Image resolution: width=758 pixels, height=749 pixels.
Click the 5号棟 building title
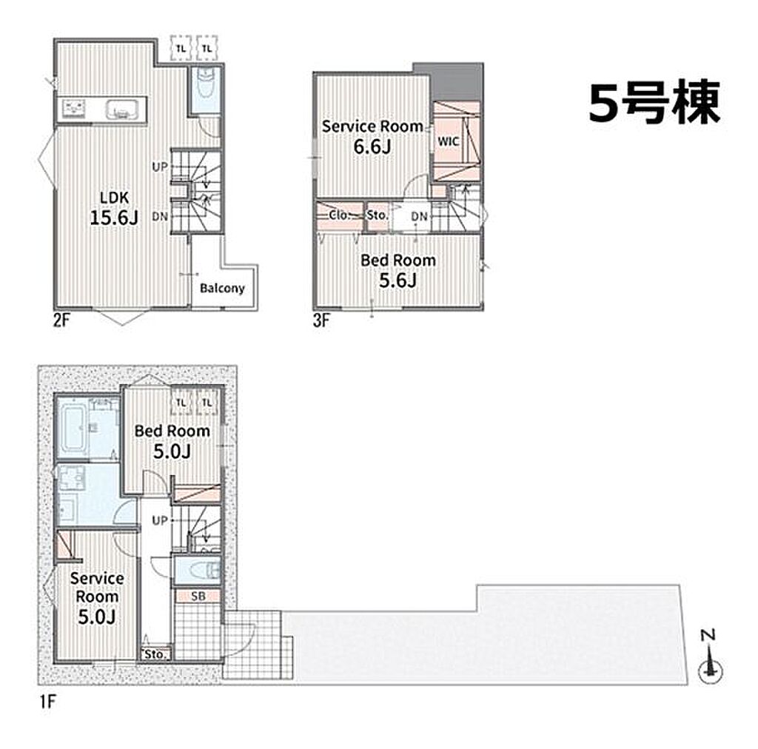[654, 102]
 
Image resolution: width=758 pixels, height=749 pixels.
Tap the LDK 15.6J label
[115, 208]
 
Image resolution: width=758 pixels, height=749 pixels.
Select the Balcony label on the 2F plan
[222, 289]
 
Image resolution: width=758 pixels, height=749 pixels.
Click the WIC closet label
[448, 141]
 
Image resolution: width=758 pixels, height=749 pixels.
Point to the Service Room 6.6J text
[372, 137]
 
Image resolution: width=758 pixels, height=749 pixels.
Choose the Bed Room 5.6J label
[398, 271]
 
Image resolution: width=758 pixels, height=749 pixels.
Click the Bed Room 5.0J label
[172, 441]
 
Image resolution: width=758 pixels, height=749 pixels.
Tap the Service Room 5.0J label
[97, 597]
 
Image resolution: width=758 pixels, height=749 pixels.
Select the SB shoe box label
[198, 597]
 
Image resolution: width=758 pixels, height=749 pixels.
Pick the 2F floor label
[61, 320]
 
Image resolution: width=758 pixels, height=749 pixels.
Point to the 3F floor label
[321, 320]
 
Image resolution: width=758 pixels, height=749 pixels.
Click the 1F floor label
[48, 701]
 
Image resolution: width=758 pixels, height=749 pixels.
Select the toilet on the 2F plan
[206, 83]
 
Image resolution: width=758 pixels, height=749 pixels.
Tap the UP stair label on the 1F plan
[160, 520]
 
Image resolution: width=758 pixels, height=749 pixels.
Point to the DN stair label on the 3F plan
[420, 217]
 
